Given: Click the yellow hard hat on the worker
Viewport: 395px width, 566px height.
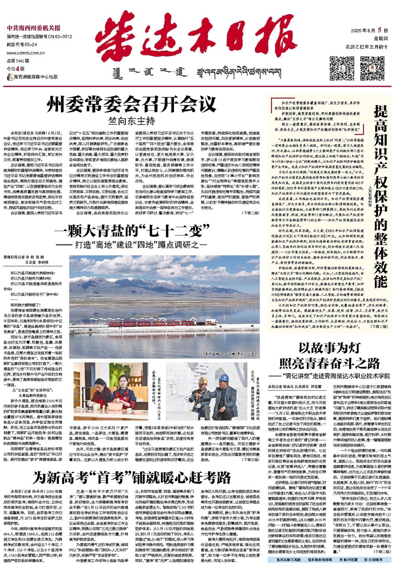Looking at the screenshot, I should click(202, 380).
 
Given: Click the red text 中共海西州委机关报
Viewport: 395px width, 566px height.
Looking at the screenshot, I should click(33, 28).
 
